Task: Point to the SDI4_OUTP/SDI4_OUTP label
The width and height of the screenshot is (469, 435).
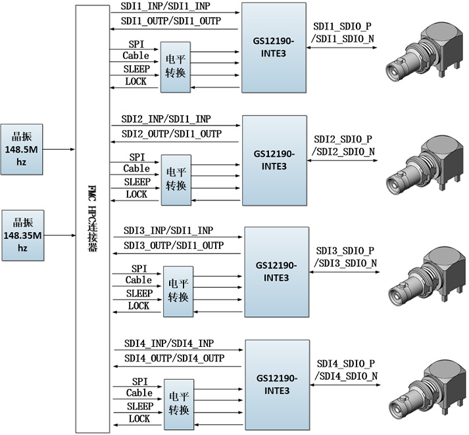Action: (174, 358)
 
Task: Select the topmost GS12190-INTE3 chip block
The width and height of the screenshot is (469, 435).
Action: (274, 47)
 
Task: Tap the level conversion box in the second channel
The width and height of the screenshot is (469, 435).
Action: (174, 179)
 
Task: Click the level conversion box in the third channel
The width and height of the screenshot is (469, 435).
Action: (178, 291)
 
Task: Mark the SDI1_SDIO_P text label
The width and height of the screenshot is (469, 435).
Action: (342, 28)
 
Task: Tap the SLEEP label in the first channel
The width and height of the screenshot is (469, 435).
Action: (137, 69)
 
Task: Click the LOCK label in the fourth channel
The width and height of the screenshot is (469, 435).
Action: (139, 419)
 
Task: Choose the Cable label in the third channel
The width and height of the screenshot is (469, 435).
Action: (139, 281)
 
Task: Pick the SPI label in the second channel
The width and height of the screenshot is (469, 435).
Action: (137, 158)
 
